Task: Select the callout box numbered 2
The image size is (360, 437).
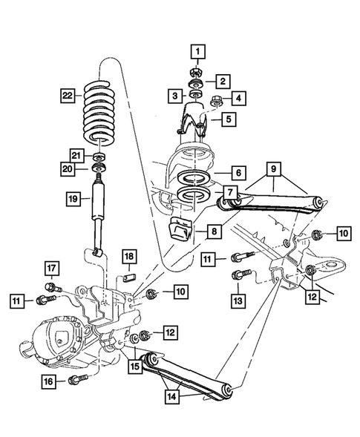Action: [223, 81]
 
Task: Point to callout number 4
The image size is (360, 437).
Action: [238, 96]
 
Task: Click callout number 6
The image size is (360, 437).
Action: [238, 173]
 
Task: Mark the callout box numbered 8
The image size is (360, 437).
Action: [213, 232]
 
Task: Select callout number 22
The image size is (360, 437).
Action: [68, 95]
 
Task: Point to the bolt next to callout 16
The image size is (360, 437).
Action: [73, 381]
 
